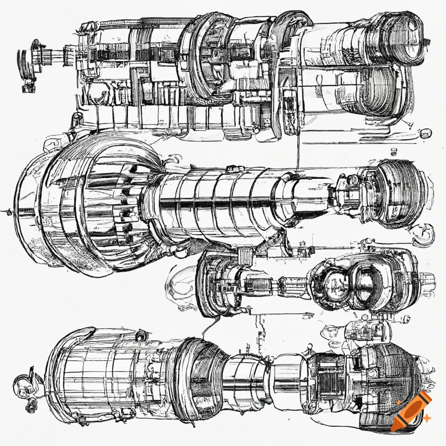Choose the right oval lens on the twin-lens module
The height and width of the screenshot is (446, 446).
click(x=365, y=285)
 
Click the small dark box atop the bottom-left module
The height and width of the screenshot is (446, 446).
click(x=141, y=336)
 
